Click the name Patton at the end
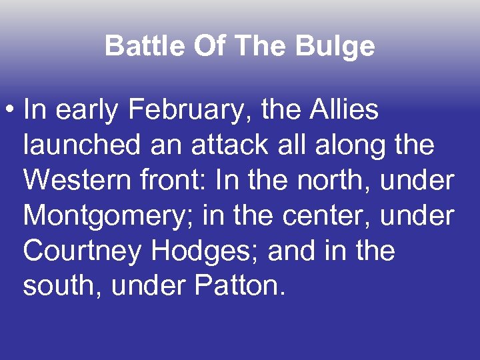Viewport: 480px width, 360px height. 240,287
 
